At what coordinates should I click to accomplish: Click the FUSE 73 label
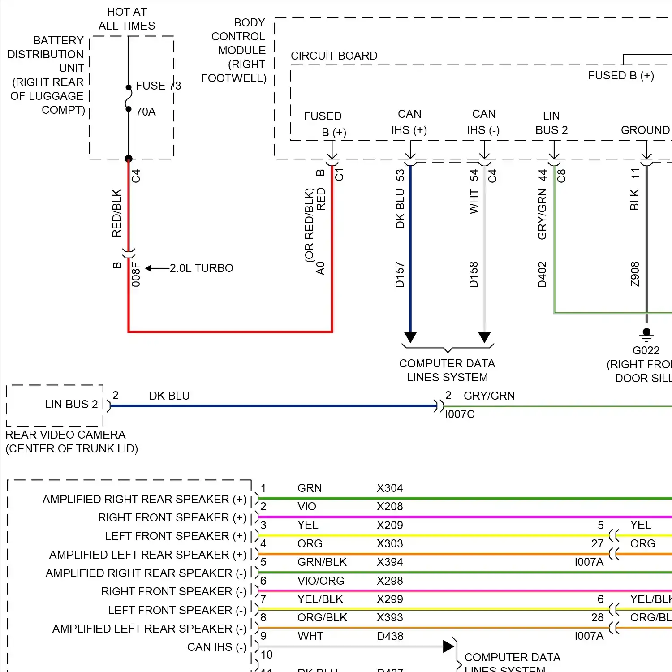[158, 86]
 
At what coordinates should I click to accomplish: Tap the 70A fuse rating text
[146, 112]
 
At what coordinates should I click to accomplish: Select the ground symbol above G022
[646, 334]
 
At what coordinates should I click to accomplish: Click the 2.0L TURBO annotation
[201, 268]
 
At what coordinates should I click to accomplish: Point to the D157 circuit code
[400, 275]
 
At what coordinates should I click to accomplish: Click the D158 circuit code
[474, 275]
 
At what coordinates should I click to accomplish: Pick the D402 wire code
[542, 275]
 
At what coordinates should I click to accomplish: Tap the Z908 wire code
[635, 274]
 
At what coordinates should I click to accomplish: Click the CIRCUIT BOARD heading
[334, 56]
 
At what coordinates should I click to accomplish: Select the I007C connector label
[460, 414]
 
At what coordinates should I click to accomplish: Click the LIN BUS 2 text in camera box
[71, 404]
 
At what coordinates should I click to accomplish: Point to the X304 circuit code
[390, 488]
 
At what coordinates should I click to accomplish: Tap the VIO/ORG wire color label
[321, 581]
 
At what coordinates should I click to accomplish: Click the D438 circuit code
[390, 636]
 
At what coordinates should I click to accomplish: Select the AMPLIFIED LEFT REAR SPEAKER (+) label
[147, 555]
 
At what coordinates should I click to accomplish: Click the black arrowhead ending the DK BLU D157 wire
[410, 337]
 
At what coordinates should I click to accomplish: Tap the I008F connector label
[136, 276]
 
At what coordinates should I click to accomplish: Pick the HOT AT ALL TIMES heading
[127, 19]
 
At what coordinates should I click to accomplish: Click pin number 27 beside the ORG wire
[597, 543]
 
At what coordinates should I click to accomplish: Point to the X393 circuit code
[390, 617]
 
